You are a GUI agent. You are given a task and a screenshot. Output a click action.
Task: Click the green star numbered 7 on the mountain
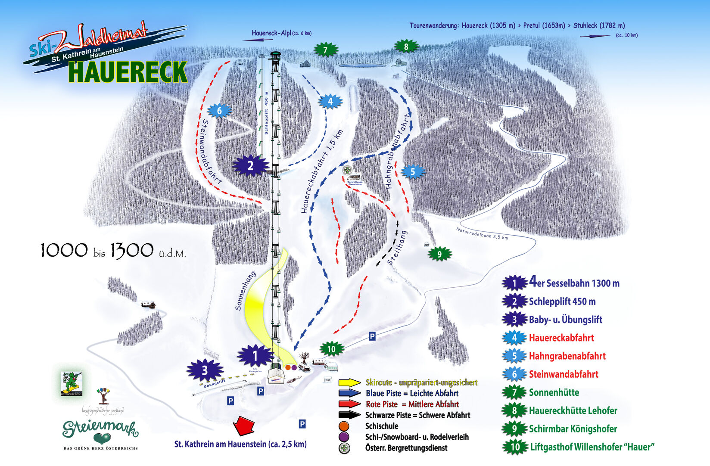(x=325, y=50)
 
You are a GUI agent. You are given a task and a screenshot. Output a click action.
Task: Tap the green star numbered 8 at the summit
(x=406, y=46)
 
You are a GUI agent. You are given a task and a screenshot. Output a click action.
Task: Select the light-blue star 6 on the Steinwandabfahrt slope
(x=219, y=111)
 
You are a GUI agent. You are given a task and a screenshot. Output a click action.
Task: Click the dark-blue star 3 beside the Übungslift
(x=205, y=370)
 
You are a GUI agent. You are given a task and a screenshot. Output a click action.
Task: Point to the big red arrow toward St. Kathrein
(x=244, y=426)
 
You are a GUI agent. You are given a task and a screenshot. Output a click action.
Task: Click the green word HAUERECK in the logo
(x=128, y=72)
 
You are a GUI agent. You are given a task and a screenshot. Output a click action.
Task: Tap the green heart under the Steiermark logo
(x=102, y=439)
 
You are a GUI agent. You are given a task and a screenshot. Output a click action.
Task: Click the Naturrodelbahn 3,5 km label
(x=482, y=233)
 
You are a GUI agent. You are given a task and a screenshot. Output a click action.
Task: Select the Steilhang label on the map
(x=397, y=248)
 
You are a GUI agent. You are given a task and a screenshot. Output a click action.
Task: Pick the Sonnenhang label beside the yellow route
(x=245, y=291)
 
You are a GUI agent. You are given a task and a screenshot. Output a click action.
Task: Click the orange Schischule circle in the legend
(x=344, y=426)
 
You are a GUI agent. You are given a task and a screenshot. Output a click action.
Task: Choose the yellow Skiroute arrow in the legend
(x=349, y=382)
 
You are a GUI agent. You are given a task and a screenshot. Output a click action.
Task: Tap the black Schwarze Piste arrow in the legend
(x=349, y=415)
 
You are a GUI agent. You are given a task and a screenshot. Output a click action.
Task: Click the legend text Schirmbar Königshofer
(x=573, y=429)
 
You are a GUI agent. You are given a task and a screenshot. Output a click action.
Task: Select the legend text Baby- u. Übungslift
(x=565, y=320)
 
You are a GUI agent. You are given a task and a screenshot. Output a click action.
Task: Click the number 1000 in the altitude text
(x=64, y=250)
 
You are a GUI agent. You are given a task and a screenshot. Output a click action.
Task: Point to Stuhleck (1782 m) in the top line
(x=599, y=25)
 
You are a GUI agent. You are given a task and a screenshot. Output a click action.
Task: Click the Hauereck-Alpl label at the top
(x=271, y=33)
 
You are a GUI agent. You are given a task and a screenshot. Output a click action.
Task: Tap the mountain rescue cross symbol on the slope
(x=347, y=170)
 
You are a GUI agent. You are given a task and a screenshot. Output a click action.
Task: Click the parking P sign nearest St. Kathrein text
(x=302, y=424)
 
